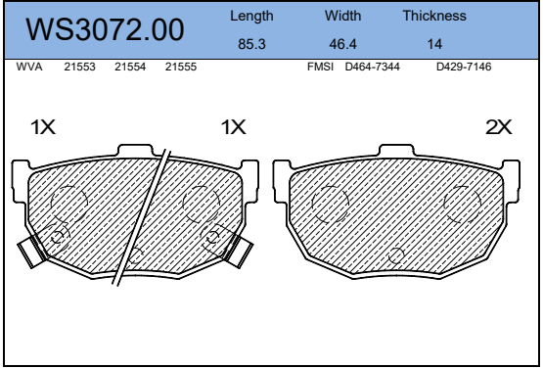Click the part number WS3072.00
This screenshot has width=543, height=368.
(105, 29)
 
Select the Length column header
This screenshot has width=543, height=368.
(251, 16)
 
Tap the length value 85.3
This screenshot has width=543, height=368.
(251, 44)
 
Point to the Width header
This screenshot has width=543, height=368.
(342, 16)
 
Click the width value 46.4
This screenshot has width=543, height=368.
(342, 44)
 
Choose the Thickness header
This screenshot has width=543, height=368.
(434, 16)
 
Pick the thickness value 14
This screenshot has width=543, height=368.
(434, 44)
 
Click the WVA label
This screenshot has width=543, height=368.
(29, 67)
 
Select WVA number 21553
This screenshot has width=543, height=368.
(79, 67)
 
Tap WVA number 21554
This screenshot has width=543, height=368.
(130, 67)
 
